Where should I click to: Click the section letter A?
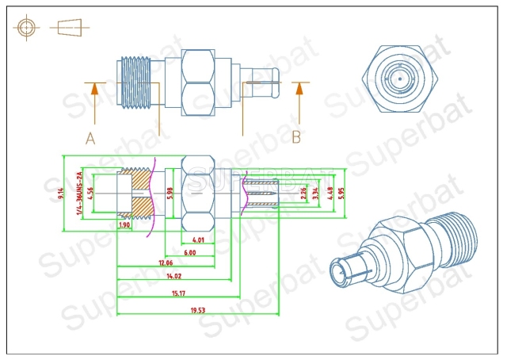(x=90, y=137)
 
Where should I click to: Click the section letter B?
(x=296, y=136)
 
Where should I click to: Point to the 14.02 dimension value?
(x=173, y=276)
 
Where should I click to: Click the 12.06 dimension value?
(x=165, y=262)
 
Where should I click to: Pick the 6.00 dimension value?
(x=190, y=252)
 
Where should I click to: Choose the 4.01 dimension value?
(x=198, y=239)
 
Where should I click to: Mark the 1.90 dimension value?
(x=124, y=225)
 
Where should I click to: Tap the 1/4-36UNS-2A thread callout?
(x=78, y=194)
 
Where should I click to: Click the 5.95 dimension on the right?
(x=341, y=192)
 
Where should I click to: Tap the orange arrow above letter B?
(x=299, y=98)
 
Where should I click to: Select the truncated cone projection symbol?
(x=69, y=27)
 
